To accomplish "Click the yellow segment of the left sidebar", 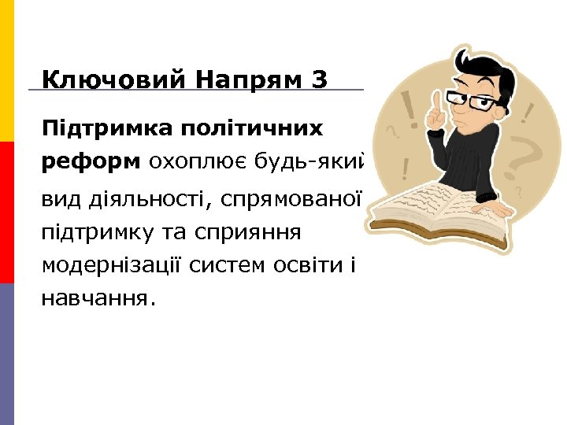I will [7, 71].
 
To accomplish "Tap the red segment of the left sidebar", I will [7, 213].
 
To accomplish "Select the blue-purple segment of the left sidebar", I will [7, 354].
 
